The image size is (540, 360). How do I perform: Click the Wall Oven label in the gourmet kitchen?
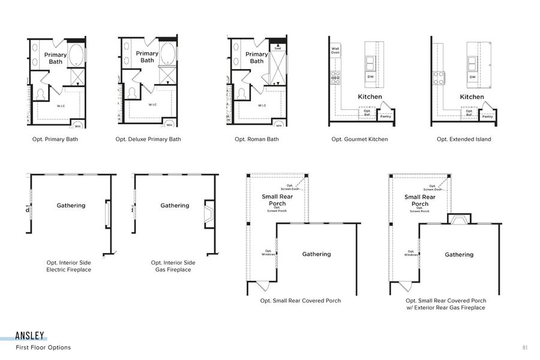click(335, 51)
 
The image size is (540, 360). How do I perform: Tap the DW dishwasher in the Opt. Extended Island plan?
click(472, 77)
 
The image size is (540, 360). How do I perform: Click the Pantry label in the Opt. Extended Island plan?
click(487, 116)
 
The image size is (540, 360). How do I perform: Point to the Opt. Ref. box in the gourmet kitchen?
click(367, 112)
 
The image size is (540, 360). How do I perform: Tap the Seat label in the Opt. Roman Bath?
click(277, 48)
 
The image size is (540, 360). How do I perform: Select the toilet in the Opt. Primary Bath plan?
click(41, 94)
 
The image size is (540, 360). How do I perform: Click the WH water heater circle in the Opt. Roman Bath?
click(278, 125)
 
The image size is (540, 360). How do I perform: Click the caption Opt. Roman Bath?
click(256, 139)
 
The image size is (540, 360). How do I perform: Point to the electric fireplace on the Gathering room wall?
click(107, 214)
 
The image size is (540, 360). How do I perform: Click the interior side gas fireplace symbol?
click(209, 214)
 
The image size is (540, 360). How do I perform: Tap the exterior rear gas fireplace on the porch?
click(460, 220)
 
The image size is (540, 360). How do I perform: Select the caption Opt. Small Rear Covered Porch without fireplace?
click(300, 301)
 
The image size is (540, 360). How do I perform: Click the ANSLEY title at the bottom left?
click(30, 337)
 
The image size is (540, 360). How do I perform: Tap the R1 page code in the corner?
click(525, 347)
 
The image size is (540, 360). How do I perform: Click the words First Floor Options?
click(43, 347)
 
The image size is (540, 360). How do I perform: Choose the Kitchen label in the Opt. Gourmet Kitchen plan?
click(370, 97)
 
